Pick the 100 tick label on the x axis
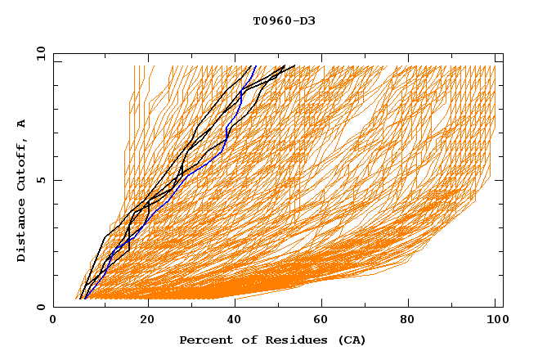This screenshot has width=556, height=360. (495, 322)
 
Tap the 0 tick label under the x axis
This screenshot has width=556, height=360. (54, 322)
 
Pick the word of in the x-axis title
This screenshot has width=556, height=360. (240, 340)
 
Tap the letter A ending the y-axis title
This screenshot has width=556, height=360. (21, 124)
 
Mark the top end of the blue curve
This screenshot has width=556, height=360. (256, 66)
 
